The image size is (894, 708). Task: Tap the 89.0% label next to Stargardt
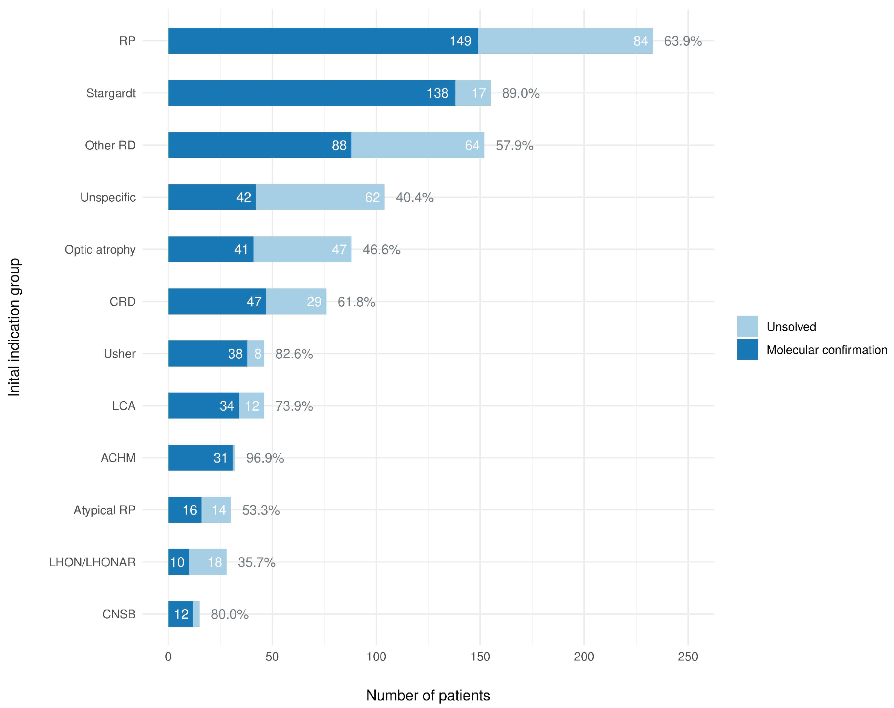(520, 93)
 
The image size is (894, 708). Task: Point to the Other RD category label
(110, 146)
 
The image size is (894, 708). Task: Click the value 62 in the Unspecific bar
(372, 197)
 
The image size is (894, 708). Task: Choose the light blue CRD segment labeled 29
(296, 302)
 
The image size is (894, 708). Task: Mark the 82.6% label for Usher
(294, 353)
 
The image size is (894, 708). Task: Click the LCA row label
(124, 405)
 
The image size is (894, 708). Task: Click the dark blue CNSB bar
(180, 614)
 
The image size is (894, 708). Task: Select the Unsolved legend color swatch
(747, 326)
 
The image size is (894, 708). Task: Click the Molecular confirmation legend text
(827, 350)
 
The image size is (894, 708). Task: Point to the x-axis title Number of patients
(428, 695)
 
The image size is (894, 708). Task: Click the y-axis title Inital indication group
(14, 327)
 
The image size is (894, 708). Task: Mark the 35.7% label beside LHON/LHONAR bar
(256, 562)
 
